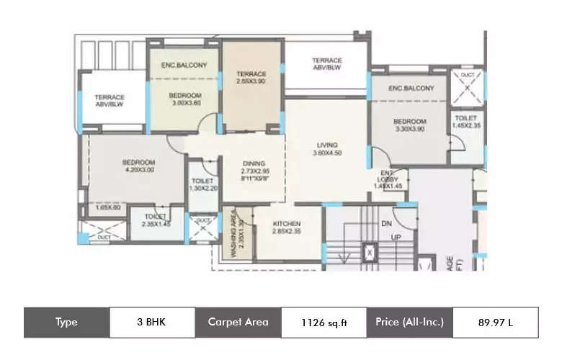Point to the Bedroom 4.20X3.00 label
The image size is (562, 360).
[x=139, y=167]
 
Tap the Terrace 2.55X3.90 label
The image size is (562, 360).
[x=251, y=78]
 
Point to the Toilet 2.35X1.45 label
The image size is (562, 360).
[x=156, y=219]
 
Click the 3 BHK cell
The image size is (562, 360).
[x=152, y=323]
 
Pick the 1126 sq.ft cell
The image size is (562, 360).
[x=323, y=323]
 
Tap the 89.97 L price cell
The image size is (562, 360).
[x=495, y=323]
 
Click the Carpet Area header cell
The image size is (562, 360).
[x=238, y=323]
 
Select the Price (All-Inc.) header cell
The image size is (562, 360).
[x=409, y=323]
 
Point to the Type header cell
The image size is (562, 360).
[x=66, y=323]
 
